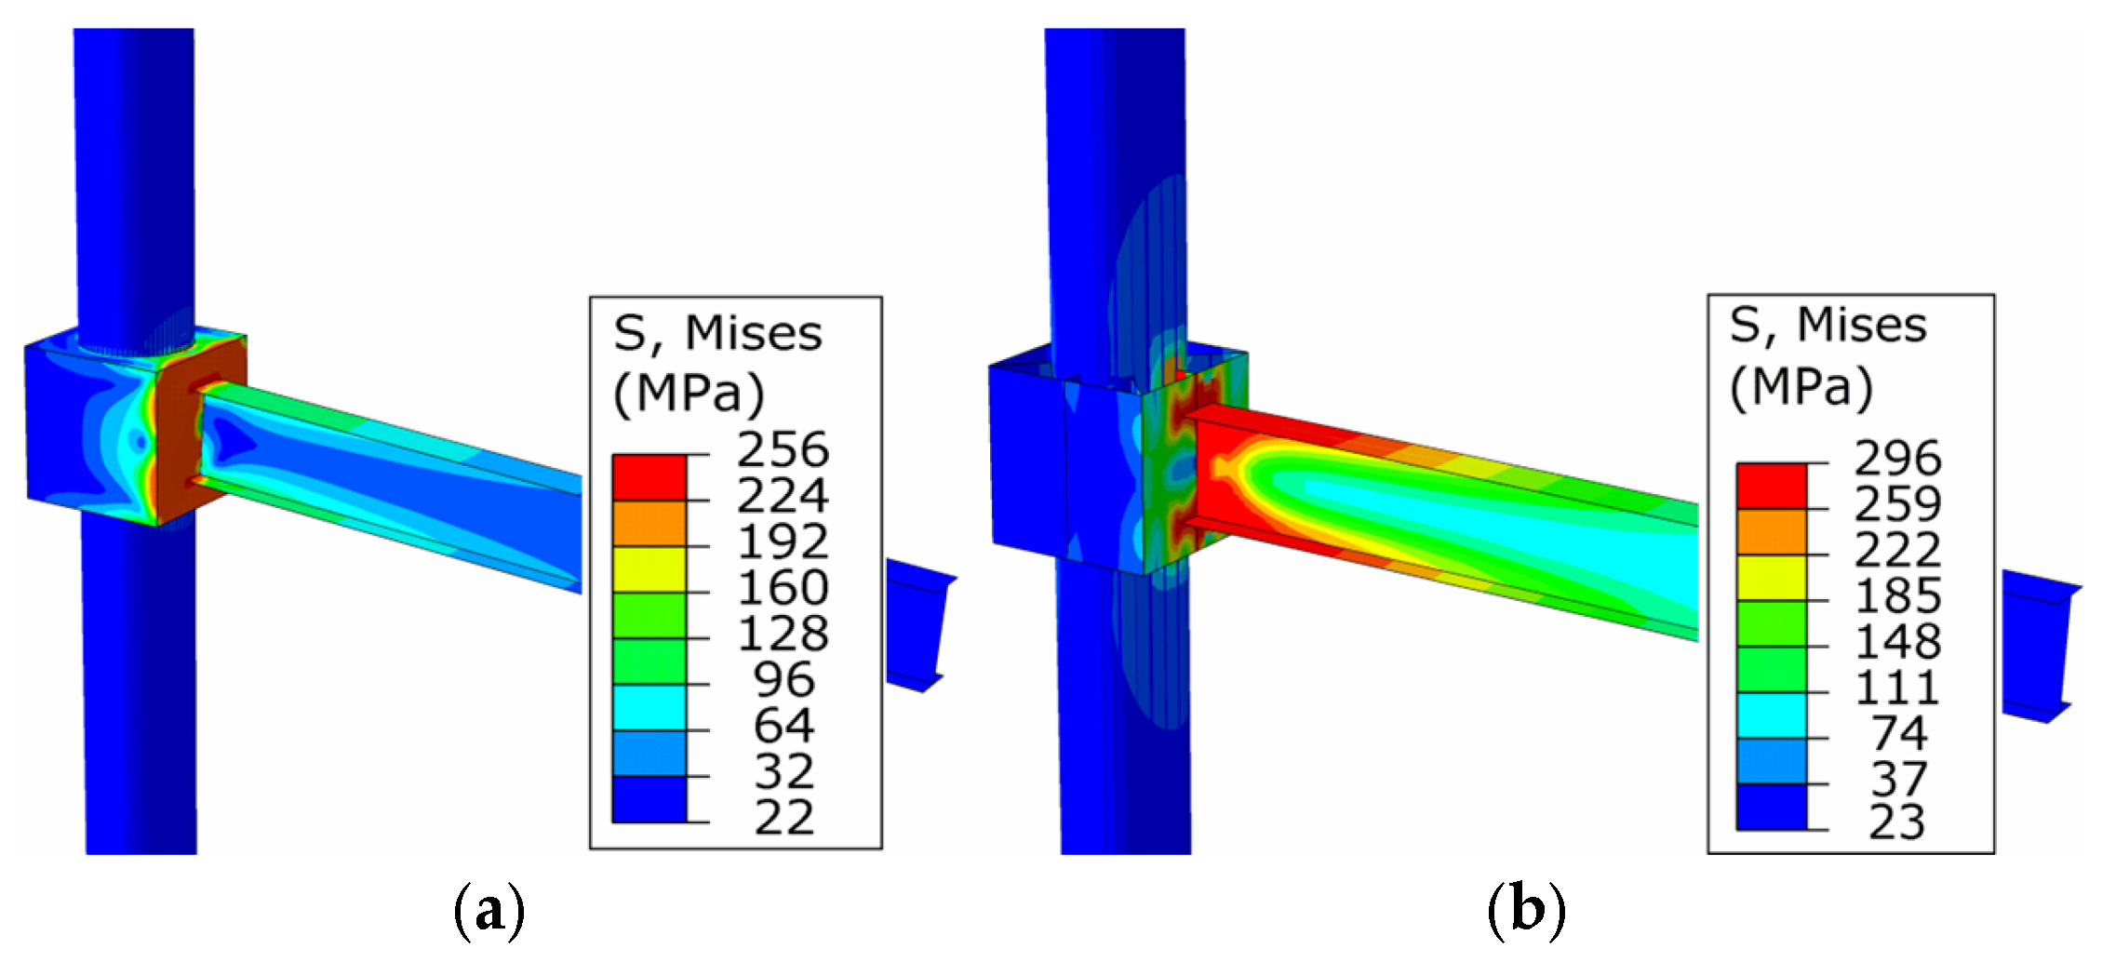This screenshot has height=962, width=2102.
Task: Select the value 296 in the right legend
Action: point(1897,459)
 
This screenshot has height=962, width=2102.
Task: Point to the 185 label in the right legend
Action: point(1897,595)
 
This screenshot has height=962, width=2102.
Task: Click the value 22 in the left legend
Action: point(783,818)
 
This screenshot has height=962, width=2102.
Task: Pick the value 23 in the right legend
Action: point(1897,822)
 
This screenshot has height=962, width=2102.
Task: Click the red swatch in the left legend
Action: point(649,477)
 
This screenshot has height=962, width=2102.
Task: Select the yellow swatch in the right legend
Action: point(1771,578)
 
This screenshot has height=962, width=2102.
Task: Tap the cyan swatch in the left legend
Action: point(649,707)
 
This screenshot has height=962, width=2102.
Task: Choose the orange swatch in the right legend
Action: point(1771,532)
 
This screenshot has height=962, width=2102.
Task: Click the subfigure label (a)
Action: point(489,911)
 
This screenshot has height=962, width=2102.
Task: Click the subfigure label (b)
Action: point(1526,911)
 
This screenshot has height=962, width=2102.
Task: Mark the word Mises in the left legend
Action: point(753,334)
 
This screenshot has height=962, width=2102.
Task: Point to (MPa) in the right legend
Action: point(1800,386)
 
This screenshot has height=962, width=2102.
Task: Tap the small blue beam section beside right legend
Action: point(2038,647)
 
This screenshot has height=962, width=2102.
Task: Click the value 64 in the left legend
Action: point(783,726)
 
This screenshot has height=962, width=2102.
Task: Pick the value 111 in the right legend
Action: point(1897,688)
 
